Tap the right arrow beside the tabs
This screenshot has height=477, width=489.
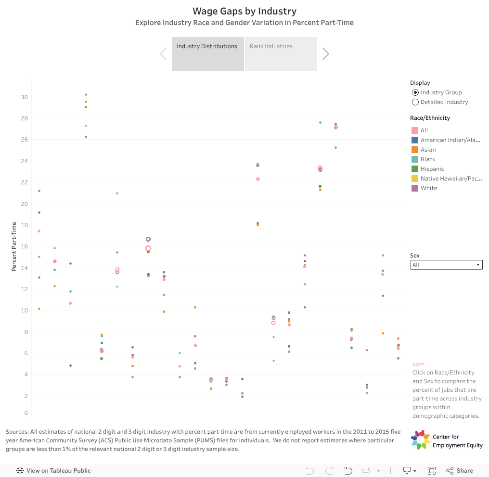[x=326, y=54]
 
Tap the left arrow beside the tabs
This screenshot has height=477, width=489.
[x=163, y=54]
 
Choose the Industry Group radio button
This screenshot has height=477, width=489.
[x=415, y=92]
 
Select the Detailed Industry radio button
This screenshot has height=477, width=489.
[x=415, y=102]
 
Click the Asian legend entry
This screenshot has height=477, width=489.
[x=428, y=150]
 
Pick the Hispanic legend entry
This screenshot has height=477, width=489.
[x=432, y=169]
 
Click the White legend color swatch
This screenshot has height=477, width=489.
[x=415, y=188]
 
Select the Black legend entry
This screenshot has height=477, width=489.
[x=427, y=159]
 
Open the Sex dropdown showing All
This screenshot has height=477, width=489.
[x=446, y=265]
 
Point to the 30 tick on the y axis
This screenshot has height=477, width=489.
[x=24, y=97]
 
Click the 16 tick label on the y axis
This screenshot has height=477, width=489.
[x=24, y=246]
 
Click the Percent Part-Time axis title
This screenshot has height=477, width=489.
[x=14, y=246]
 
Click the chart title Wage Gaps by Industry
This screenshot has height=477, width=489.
[x=244, y=11]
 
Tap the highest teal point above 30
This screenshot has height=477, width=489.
[x=86, y=94]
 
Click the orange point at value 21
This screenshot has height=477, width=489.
[x=117, y=193]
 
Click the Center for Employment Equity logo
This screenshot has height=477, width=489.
[x=421, y=440]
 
